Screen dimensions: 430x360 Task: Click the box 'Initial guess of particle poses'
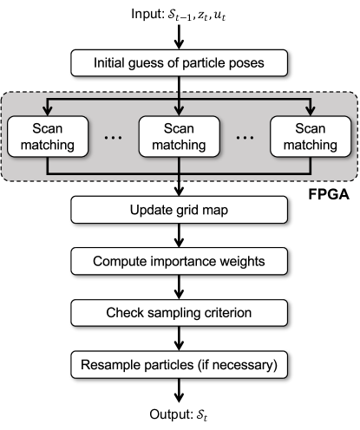tap(179, 63)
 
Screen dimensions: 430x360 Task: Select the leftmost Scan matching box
tap(49, 136)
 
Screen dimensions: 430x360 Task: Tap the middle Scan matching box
tap(179, 136)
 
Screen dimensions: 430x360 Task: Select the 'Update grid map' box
tap(179, 210)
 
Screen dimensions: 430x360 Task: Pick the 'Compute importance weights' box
tap(179, 261)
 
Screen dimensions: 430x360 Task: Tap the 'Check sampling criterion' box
tap(179, 312)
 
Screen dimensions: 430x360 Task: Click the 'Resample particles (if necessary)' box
tap(179, 364)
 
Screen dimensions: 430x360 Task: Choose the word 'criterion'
tap(226, 312)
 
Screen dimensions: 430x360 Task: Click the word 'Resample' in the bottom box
tap(108, 364)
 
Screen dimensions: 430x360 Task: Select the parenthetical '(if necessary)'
tap(237, 364)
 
